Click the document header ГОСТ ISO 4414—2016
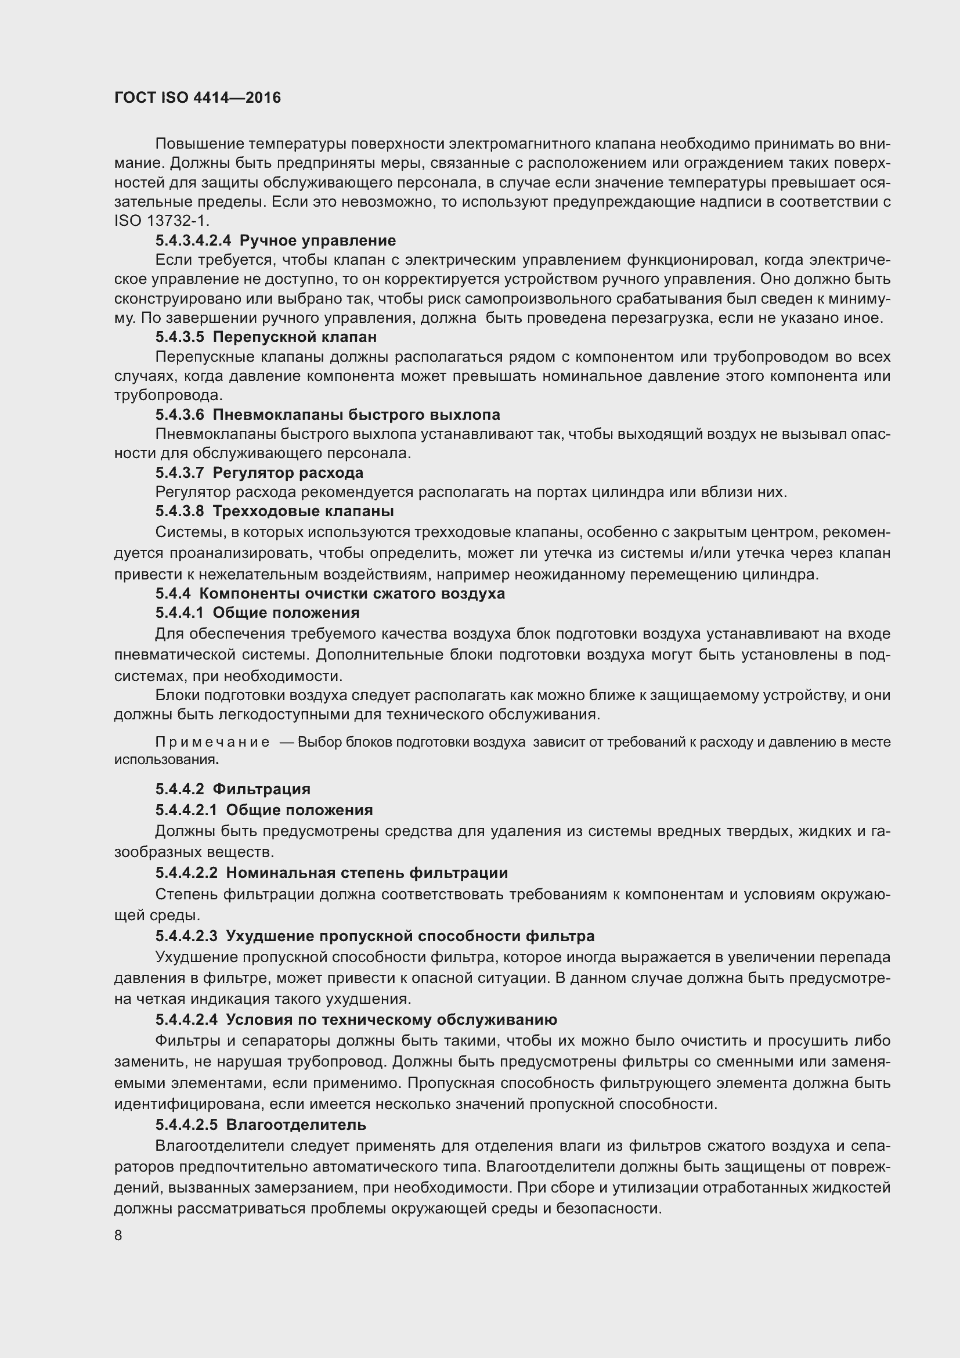197,98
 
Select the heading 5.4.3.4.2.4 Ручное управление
276,241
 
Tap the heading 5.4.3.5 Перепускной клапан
266,337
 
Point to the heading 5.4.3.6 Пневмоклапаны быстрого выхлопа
327,415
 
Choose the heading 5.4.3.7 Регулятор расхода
259,473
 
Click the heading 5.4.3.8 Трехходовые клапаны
275,510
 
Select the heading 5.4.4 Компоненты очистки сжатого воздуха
330,593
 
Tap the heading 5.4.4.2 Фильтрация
233,789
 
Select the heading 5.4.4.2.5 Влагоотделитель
261,1125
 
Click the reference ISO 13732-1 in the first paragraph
161,221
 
